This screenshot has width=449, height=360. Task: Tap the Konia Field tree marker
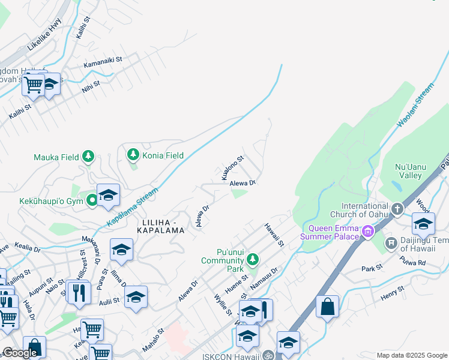[133, 155]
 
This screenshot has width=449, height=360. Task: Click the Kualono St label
[233, 169]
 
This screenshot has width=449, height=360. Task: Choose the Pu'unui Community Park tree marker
[253, 260]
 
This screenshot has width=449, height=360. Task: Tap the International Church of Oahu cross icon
[397, 209]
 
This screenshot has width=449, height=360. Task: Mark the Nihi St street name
[91, 86]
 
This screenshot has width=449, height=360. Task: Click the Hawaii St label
[274, 235]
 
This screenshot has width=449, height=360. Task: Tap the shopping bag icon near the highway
[328, 307]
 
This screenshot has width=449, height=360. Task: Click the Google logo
[20, 353]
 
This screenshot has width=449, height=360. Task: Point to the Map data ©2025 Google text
[412, 355]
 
